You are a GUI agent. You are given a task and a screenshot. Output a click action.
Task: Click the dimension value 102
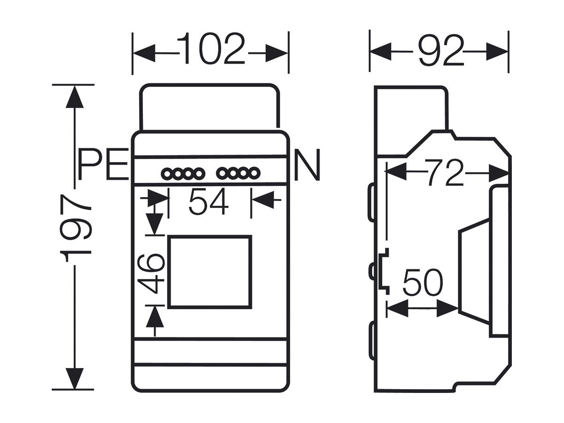coord(211,48)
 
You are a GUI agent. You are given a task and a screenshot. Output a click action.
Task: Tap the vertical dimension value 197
coord(75,228)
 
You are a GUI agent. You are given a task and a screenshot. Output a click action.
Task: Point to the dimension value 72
coord(445,172)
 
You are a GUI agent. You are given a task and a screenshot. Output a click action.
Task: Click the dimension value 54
coord(208,201)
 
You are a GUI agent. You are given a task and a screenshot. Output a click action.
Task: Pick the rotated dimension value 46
coord(151,273)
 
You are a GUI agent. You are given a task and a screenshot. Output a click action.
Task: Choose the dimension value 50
coord(423,282)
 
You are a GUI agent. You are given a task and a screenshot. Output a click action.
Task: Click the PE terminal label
coord(103,164)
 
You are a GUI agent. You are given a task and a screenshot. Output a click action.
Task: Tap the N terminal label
coord(307,164)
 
